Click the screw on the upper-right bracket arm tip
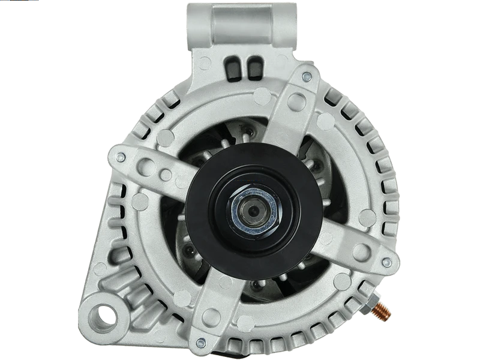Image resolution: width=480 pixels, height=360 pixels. point(307,76)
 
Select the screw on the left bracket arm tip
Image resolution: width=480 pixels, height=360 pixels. point(120,157)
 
